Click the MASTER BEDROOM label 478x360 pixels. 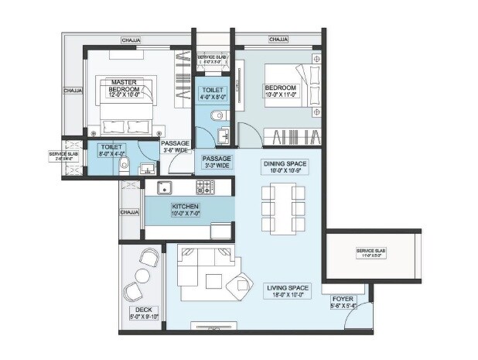(124, 86)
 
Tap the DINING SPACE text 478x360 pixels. (285, 164)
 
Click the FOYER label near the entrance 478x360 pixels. (343, 298)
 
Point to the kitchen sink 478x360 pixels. (164, 187)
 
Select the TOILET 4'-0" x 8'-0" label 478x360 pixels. (213, 94)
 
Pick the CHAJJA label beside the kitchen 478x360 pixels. (128, 211)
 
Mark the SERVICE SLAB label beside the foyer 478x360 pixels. (371, 252)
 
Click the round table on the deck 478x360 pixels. (143, 276)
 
